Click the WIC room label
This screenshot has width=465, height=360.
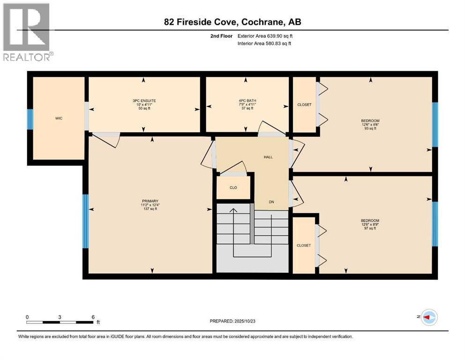click(x=59, y=118)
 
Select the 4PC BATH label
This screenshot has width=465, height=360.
click(x=247, y=100)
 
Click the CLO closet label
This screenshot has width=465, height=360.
click(x=233, y=187)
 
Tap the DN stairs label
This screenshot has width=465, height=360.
click(x=271, y=202)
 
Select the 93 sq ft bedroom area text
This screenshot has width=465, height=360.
click(x=370, y=128)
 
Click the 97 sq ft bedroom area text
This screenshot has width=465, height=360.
click(x=370, y=228)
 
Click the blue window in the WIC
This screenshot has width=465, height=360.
click(x=30, y=119)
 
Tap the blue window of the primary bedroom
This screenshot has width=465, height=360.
click(x=86, y=221)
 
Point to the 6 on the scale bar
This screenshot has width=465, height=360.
click(x=93, y=316)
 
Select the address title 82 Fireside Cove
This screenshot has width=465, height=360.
click(x=232, y=22)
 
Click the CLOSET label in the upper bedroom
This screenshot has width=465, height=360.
click(x=304, y=105)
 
